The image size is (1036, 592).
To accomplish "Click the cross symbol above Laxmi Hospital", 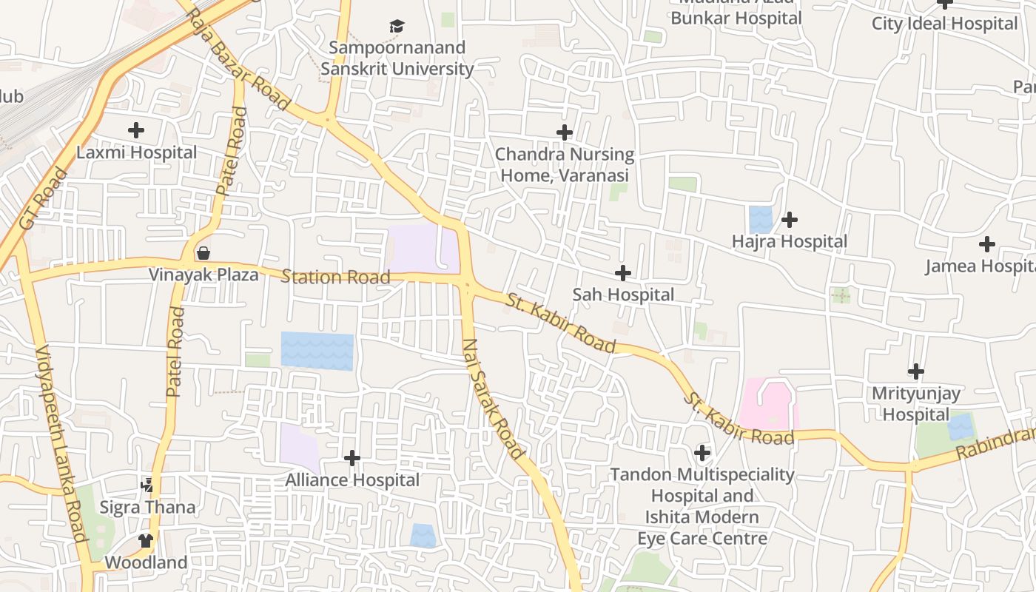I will tap(136, 131).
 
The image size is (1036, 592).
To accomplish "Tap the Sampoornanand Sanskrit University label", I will tap(397, 58).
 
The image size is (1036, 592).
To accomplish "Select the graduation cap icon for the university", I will tap(397, 27).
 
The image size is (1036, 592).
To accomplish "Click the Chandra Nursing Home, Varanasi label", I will tap(565, 164).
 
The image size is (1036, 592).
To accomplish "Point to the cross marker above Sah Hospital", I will tap(623, 273).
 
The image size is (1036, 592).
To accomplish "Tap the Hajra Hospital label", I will tap(789, 242).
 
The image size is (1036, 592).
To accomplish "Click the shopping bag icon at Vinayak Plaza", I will tap(203, 254).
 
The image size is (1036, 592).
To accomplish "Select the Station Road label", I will tap(335, 277).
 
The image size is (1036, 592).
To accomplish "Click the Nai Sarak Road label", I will tap(493, 398).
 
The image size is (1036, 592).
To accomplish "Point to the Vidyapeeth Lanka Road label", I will tap(61, 444).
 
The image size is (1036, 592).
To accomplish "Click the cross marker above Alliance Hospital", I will tap(352, 458).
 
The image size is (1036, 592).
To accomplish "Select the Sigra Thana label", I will tap(148, 508).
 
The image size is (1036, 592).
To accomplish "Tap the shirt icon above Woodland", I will tap(146, 541).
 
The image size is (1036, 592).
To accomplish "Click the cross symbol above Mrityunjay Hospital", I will tap(916, 371).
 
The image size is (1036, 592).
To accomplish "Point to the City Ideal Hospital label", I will tap(944, 24).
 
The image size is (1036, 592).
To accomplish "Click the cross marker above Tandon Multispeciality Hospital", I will tap(702, 452).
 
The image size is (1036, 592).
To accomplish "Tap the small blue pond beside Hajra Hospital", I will tap(760, 220).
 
